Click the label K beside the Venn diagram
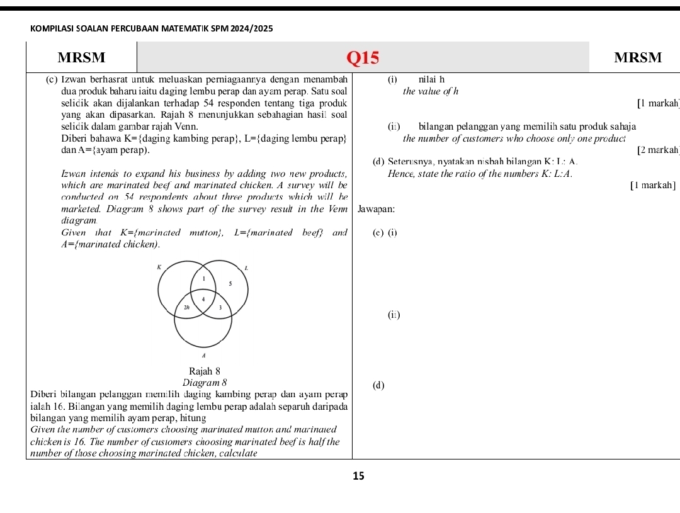point(160,267)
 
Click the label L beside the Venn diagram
point(246,268)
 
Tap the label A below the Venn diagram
point(203,356)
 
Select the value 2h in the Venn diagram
point(187,307)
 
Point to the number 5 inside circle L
point(230,284)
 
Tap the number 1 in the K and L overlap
point(203,276)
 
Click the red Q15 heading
point(363,58)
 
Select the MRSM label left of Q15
point(81,58)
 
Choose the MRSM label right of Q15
point(638,58)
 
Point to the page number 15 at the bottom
point(358,476)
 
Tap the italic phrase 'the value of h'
point(431,91)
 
